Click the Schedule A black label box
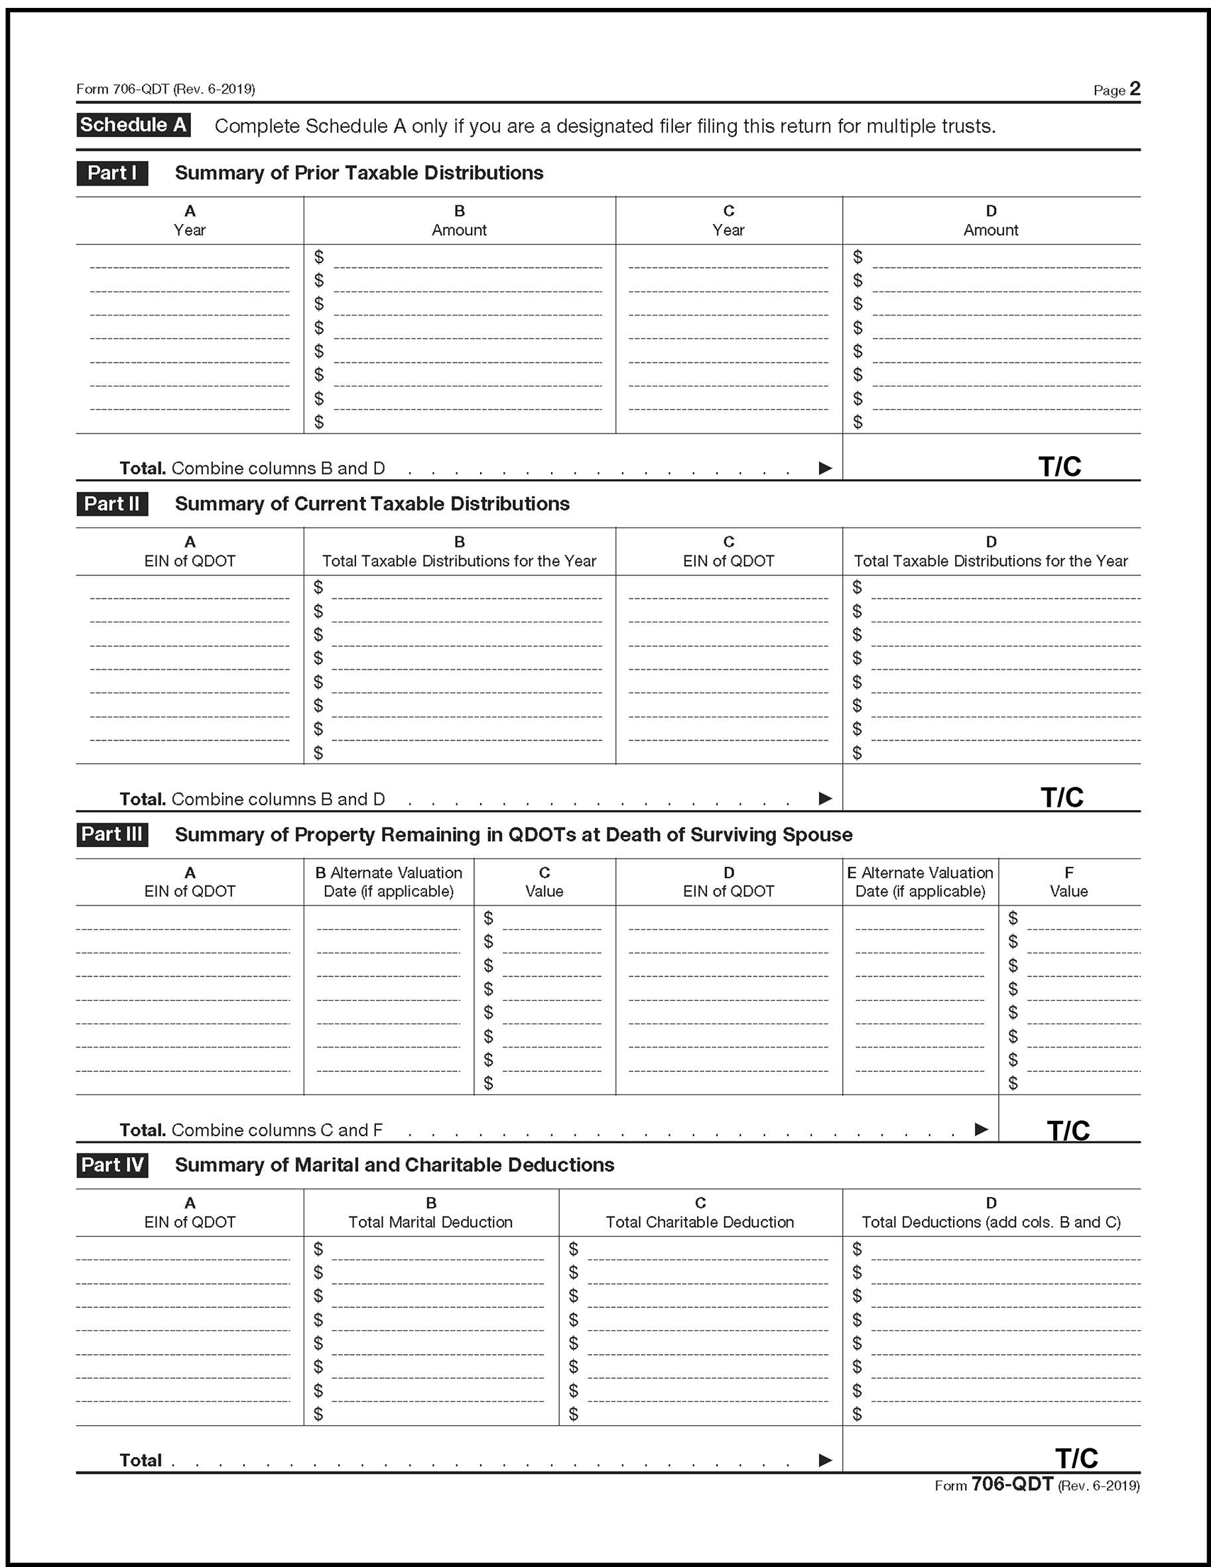click(133, 125)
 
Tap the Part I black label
click(112, 173)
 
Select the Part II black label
click(112, 504)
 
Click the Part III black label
click(112, 835)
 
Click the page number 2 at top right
click(1135, 88)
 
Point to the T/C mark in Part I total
click(1060, 467)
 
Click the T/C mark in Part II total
click(1062, 797)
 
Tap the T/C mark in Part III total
click(1068, 1130)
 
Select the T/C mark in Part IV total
click(1076, 1459)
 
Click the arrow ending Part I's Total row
click(826, 469)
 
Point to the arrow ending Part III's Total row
click(982, 1130)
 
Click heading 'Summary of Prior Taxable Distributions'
click(359, 173)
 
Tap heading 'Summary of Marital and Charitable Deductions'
click(394, 1165)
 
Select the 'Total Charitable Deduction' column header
click(700, 1222)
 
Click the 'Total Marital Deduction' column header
click(430, 1222)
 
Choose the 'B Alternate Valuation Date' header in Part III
click(389, 882)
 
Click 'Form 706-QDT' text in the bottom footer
click(1011, 1485)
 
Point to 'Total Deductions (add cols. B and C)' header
click(991, 1222)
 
